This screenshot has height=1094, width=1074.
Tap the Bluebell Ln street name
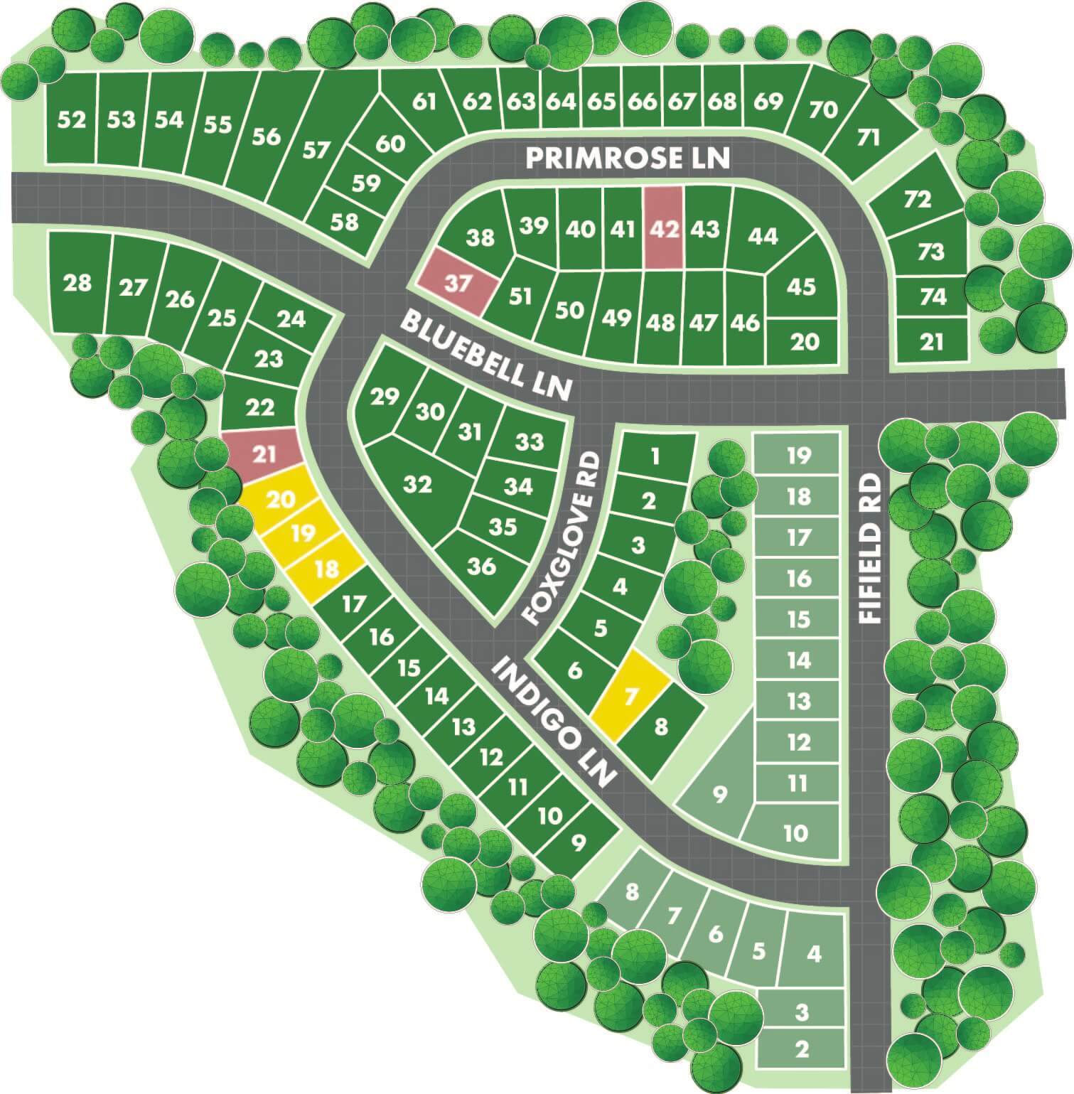pos(486,355)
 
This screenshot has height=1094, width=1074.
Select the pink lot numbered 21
pos(264,453)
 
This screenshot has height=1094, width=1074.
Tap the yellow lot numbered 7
pos(630,695)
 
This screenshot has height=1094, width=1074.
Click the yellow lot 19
pos(303,532)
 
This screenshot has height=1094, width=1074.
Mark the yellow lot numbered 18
pos(327,569)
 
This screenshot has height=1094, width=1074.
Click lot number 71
pos(868,136)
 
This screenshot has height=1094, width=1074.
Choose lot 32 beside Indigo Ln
pos(417,485)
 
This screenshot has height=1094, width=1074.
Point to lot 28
pos(77,282)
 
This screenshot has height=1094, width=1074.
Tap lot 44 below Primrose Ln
pos(763,235)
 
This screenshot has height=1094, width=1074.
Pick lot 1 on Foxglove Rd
pos(655,456)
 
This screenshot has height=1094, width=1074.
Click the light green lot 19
pos(798,455)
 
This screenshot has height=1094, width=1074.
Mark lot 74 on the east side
pos(931,296)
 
